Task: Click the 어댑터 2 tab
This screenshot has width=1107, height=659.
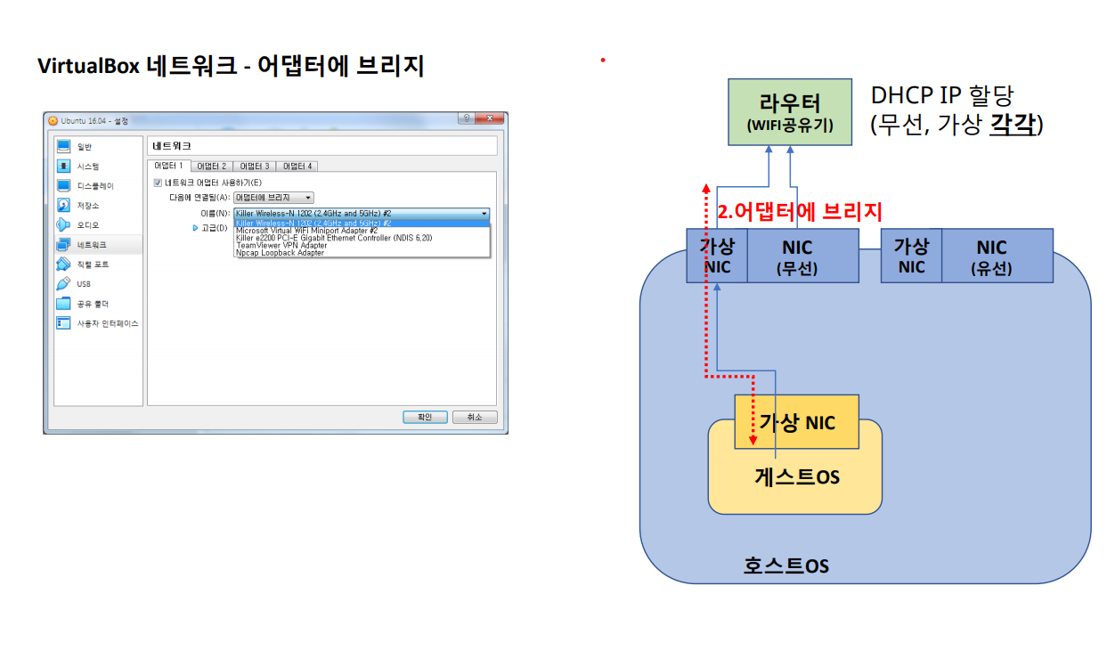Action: pyautogui.click(x=212, y=166)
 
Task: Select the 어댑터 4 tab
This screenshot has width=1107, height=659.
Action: pyautogui.click(x=297, y=166)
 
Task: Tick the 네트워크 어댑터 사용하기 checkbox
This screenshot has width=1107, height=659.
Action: pyautogui.click(x=159, y=183)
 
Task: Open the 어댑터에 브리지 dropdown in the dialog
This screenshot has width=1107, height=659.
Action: pyautogui.click(x=273, y=197)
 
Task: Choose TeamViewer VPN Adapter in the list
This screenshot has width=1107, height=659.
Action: pyautogui.click(x=281, y=246)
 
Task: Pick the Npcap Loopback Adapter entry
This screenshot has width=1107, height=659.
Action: pyautogui.click(x=280, y=253)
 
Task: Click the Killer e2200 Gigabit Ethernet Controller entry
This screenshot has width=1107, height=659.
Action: pyautogui.click(x=334, y=238)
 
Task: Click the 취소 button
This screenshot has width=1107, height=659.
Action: pyautogui.click(x=474, y=417)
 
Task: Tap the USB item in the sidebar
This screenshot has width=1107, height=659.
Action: pyautogui.click(x=83, y=284)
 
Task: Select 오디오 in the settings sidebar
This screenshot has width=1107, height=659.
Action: pyautogui.click(x=87, y=225)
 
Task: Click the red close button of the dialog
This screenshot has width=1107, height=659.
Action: pyautogui.click(x=489, y=119)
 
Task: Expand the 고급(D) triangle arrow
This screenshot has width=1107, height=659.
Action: pyautogui.click(x=195, y=228)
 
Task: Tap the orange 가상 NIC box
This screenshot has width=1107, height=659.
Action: pyautogui.click(x=797, y=421)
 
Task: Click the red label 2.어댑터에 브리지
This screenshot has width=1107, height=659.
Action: pyautogui.click(x=800, y=212)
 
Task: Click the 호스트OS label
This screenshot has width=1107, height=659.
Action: pyautogui.click(x=785, y=565)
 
